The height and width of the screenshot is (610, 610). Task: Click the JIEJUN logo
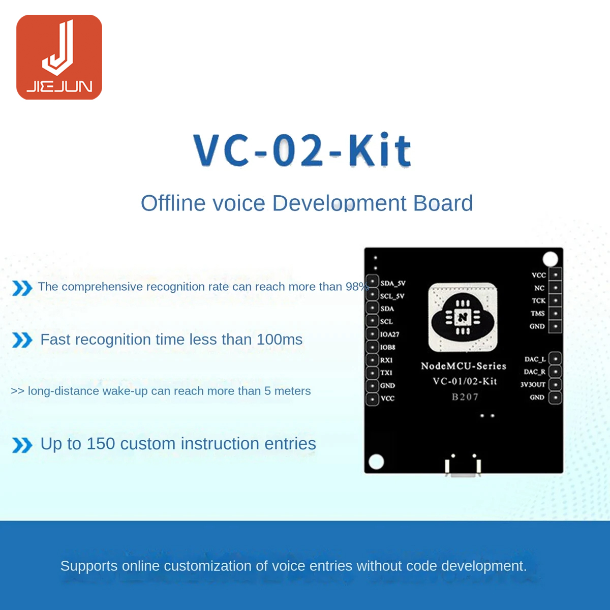pos(59,57)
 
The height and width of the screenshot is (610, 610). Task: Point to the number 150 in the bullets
pos(101,444)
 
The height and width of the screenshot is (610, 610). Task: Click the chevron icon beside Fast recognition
pos(22,340)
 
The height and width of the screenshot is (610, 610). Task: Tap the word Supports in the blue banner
pos(89,566)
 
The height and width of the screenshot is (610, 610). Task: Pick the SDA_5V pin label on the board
pos(393,283)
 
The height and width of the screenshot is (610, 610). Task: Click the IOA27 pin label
pos(390,334)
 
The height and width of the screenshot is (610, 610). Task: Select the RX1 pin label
pos(386,360)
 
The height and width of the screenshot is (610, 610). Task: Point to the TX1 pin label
pos(386,373)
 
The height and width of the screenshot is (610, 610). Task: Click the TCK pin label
pos(538,300)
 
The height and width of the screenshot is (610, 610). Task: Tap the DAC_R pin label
pos(535,372)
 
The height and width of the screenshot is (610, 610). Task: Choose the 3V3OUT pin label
pos(533,384)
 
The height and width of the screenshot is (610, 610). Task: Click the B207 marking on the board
pos(465,396)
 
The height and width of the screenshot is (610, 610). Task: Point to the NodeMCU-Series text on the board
pos(464,366)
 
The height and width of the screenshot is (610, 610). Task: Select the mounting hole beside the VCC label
pos(550,259)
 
